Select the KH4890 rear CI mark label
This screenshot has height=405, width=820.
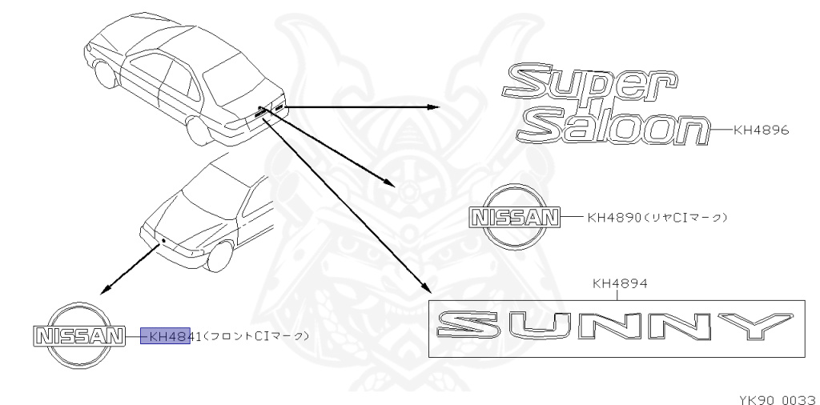[657, 216]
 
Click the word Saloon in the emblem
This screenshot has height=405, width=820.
[621, 126]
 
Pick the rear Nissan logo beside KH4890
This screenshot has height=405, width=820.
[512, 216]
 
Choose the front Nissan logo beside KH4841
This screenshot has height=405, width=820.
[78, 335]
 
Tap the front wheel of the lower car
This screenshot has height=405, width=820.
[222, 255]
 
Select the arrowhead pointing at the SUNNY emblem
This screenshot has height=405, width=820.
[424, 290]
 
